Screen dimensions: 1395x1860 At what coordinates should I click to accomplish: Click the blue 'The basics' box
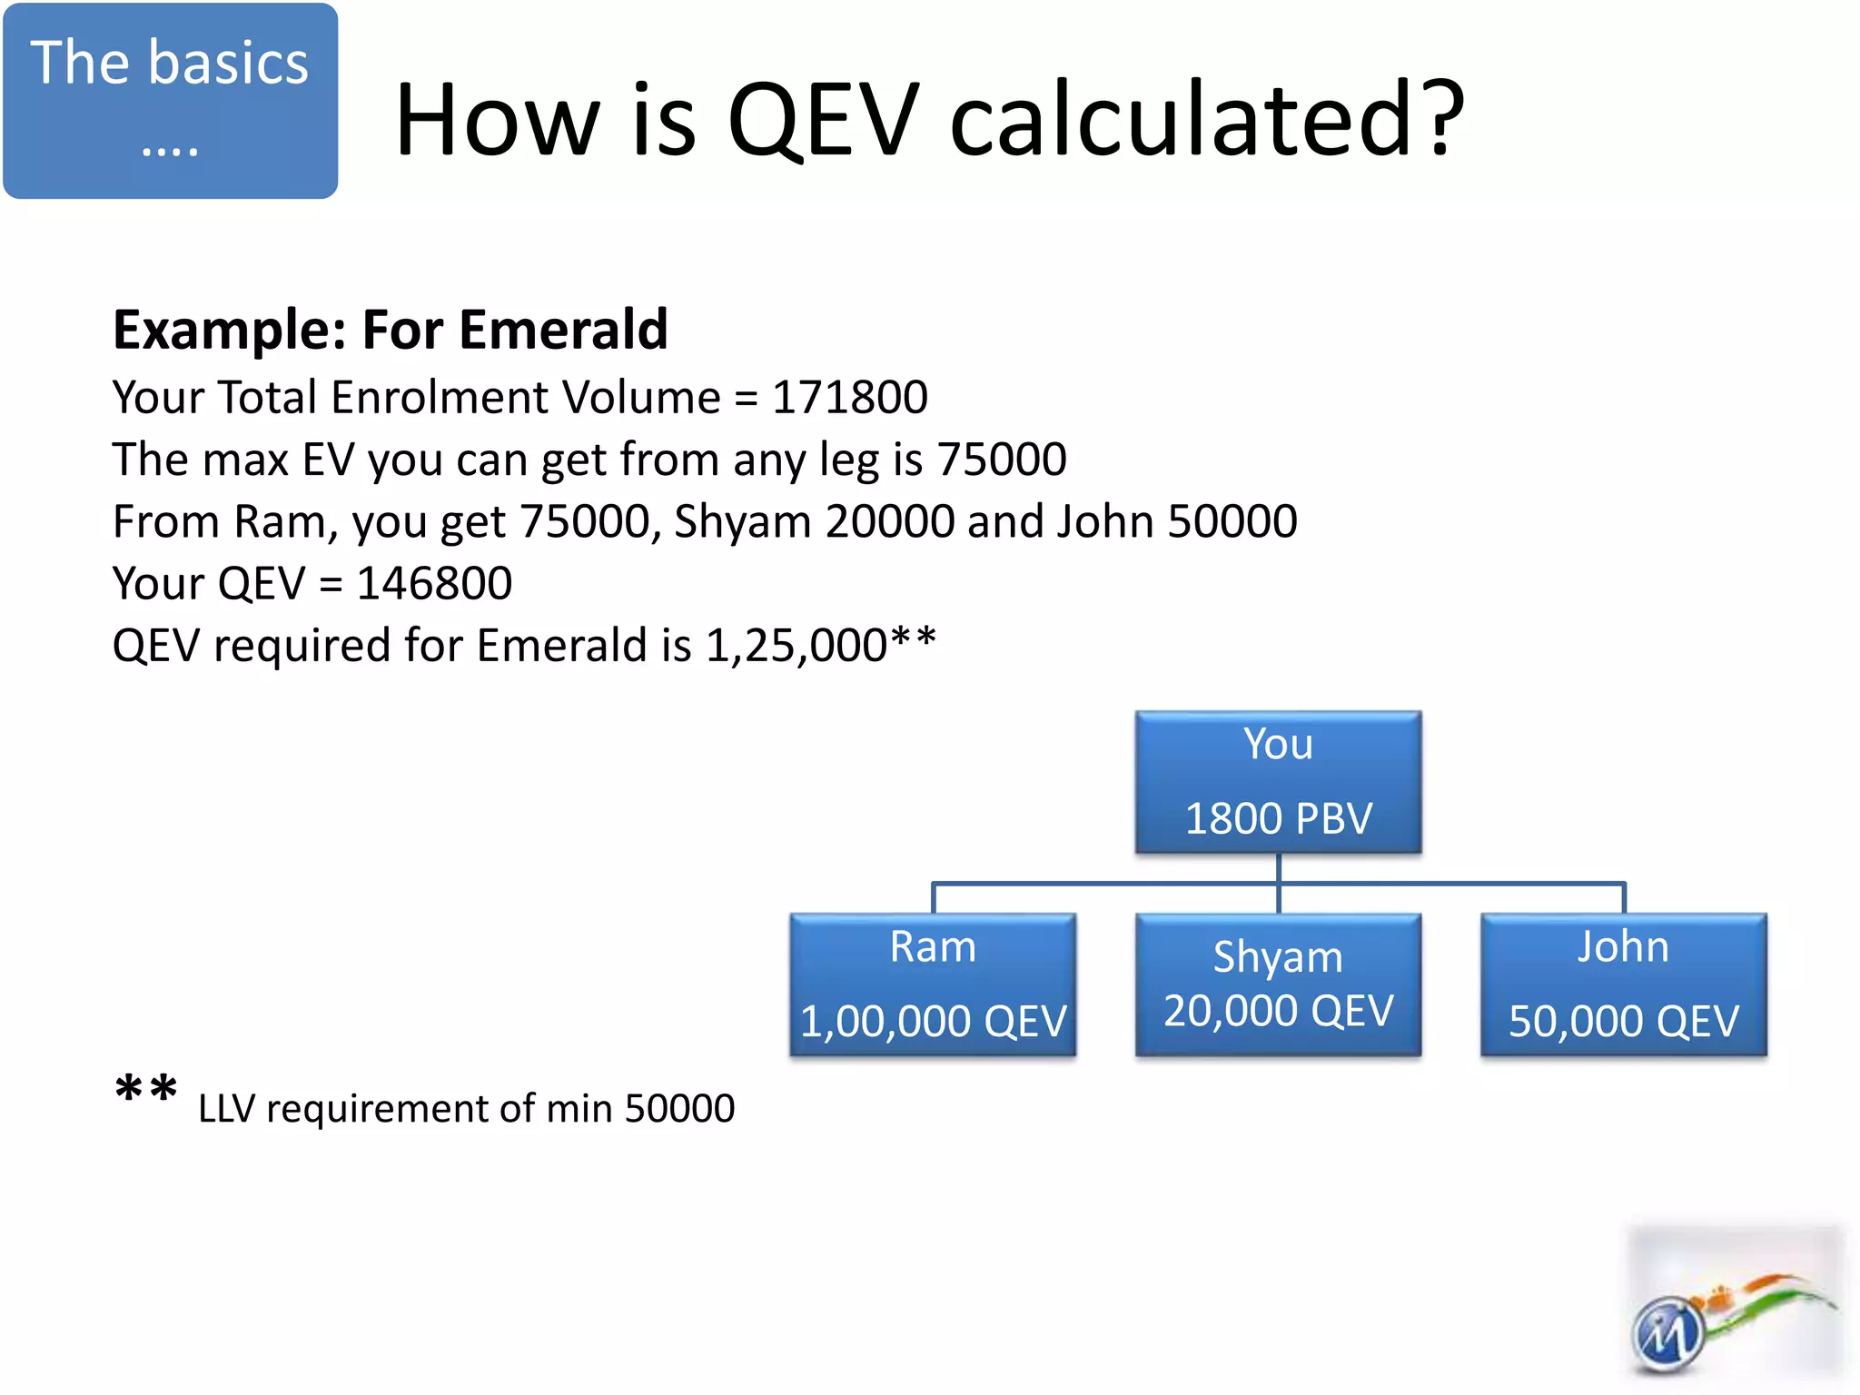[170, 100]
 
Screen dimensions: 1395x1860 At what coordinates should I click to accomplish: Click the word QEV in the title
[823, 120]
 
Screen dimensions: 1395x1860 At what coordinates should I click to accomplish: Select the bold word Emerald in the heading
[563, 329]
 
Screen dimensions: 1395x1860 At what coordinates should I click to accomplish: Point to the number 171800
[850, 398]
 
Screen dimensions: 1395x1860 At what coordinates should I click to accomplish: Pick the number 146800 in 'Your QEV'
[434, 583]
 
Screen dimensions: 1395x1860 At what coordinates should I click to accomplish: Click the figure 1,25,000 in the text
[796, 646]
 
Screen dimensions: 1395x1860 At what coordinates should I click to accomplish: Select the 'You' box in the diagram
[1278, 781]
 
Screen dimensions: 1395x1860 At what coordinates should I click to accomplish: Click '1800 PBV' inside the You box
[1278, 818]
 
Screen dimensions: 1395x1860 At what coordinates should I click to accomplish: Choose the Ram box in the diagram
[933, 984]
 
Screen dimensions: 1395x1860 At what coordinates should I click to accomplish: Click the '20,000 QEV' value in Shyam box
[1278, 1011]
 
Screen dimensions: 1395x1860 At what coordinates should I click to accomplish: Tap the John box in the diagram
[1623, 984]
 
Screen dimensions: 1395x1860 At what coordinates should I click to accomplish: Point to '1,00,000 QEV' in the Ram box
[933, 1022]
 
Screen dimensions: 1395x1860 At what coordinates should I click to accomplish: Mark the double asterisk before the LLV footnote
[146, 1090]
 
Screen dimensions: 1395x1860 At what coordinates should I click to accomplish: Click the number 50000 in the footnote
[679, 1109]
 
